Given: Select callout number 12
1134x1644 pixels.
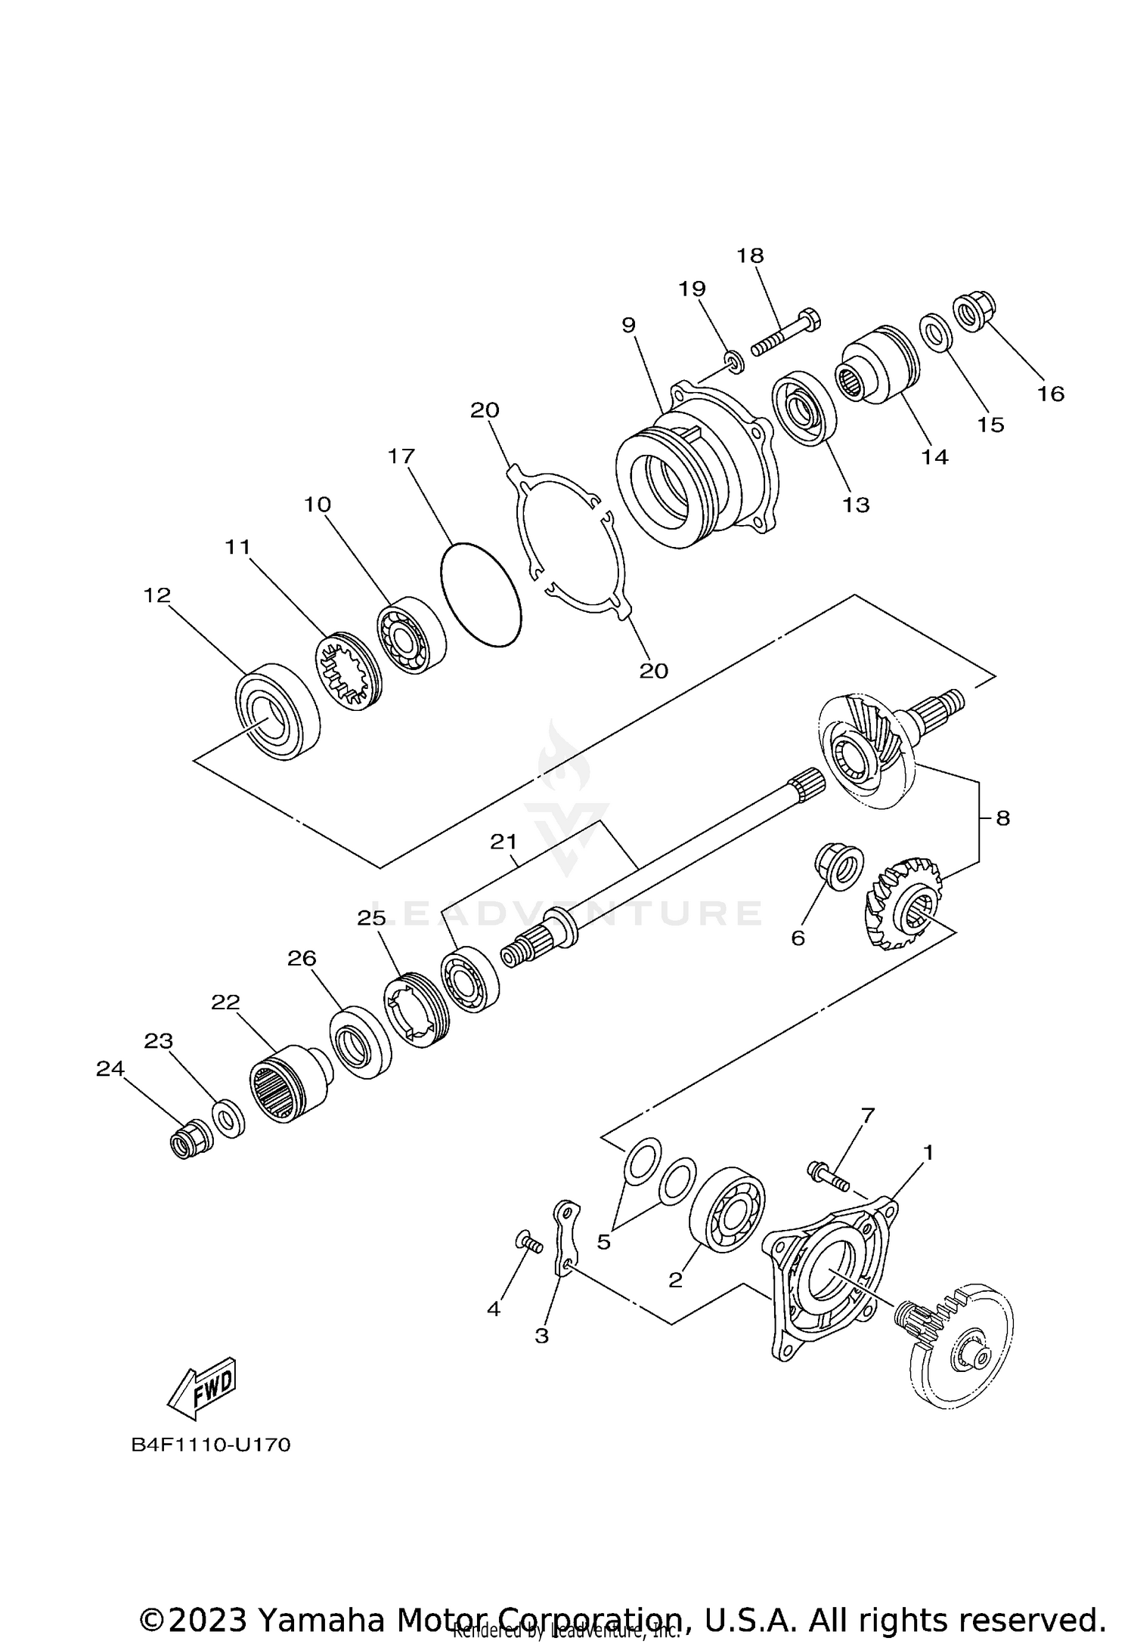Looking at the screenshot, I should pos(157,595).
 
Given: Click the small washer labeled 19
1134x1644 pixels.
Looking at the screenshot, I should pos(733,362).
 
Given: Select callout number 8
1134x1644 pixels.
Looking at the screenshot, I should pos(1002,818).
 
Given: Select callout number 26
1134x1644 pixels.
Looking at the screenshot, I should pos(302,958).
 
